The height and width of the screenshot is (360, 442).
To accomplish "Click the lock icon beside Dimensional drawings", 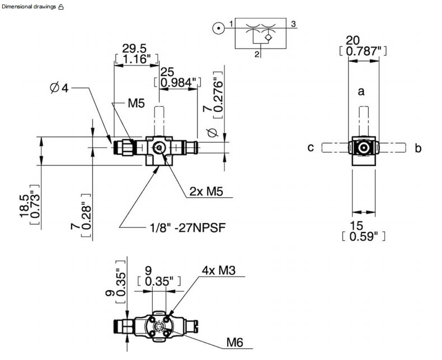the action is click(61, 7).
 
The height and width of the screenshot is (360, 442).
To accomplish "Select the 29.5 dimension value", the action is click(134, 49).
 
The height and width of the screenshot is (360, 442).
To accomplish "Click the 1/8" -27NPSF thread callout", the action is click(187, 228).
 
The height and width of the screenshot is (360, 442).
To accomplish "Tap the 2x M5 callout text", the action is click(206, 191).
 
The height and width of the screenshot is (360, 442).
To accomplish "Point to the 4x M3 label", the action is click(218, 271).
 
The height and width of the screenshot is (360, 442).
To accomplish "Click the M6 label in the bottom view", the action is click(234, 343).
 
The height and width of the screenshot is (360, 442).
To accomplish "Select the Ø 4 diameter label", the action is click(59, 88).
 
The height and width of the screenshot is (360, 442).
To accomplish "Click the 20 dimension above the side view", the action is click(352, 41).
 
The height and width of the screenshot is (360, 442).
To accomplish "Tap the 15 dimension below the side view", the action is click(356, 226).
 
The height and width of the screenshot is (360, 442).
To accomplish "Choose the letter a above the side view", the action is click(361, 91).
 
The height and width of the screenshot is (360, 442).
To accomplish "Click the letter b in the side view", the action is click(418, 148).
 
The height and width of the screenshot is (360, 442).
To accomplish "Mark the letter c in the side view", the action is click(311, 148).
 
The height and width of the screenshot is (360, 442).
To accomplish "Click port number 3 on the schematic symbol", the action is click(293, 24).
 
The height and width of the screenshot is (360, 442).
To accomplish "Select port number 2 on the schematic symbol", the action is click(257, 54).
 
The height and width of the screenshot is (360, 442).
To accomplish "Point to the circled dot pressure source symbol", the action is click(218, 28).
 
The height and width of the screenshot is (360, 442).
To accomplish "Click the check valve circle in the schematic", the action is click(269, 37).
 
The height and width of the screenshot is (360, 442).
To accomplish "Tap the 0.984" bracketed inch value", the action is click(178, 83).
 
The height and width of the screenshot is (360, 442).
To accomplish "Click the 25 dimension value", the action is click(167, 72).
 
